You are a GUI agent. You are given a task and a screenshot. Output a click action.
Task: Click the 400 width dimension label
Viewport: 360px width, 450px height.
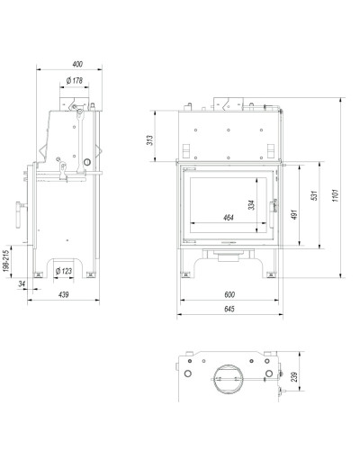(x=77, y=64)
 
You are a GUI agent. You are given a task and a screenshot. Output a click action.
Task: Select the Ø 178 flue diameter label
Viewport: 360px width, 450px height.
(x=75, y=81)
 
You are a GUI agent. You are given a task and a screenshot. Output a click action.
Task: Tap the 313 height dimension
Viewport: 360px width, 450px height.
(x=149, y=140)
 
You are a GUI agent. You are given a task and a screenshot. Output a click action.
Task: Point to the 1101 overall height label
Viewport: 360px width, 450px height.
(x=336, y=195)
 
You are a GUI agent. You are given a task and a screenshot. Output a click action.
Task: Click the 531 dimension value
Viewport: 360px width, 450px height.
(x=314, y=195)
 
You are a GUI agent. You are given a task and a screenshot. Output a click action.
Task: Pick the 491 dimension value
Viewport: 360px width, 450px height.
(x=294, y=214)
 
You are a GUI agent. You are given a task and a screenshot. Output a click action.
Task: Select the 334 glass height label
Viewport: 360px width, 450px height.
(x=252, y=205)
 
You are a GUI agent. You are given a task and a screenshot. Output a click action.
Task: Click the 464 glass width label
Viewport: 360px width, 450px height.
(x=229, y=218)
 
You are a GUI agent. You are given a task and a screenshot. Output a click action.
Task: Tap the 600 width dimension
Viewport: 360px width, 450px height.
(x=229, y=294)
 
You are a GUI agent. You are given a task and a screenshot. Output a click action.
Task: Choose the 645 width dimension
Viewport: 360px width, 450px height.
(x=229, y=309)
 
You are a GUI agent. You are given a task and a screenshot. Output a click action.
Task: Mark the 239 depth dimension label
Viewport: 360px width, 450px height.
(x=294, y=377)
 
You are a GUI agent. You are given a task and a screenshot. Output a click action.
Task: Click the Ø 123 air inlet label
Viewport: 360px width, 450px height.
(x=64, y=271)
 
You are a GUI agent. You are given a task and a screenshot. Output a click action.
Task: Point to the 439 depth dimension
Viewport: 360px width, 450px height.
(x=64, y=294)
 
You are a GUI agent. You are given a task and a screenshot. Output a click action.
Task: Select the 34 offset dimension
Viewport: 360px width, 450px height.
(x=22, y=283)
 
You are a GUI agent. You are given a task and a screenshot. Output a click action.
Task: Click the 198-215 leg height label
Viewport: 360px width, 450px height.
(x=6, y=261)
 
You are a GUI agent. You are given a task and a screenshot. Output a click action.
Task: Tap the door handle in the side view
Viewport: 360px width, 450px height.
(x=20, y=214)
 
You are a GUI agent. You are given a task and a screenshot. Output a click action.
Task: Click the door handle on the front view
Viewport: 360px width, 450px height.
(x=274, y=210)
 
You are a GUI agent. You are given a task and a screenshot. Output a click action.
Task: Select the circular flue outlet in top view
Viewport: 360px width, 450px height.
(x=229, y=379)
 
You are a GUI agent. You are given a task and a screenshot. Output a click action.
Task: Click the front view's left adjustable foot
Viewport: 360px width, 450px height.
(x=185, y=274)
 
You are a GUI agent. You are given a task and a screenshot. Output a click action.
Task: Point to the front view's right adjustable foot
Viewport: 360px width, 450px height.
(x=271, y=274)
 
